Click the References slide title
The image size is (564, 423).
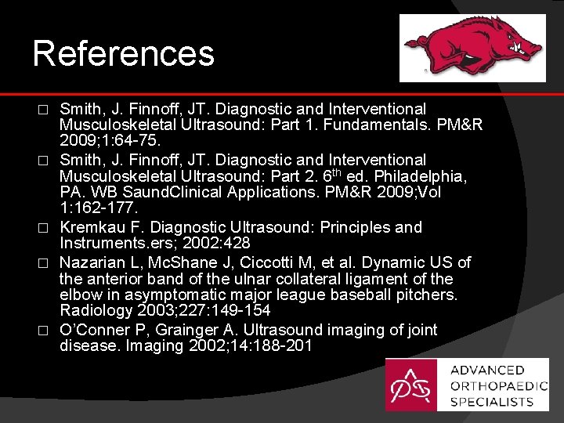coord(123,53)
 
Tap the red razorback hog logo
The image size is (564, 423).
coord(473,46)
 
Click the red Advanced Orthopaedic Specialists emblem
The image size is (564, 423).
coord(411,385)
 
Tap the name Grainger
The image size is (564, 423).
coord(169,331)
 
